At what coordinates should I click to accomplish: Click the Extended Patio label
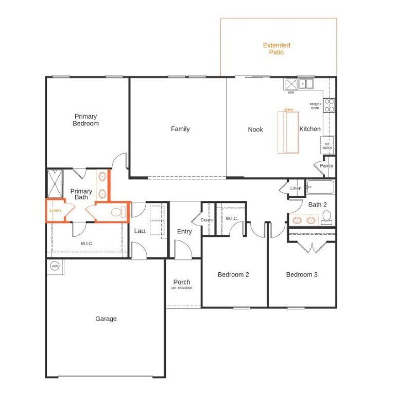pyautogui.click(x=277, y=49)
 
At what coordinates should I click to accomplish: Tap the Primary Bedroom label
pyautogui.click(x=85, y=120)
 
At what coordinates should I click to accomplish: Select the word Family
pyautogui.click(x=180, y=129)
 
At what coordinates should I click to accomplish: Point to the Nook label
pyautogui.click(x=255, y=129)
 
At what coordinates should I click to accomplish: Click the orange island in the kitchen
pyautogui.click(x=288, y=132)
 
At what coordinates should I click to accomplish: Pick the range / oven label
pyautogui.click(x=315, y=106)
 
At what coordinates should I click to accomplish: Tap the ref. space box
pyautogui.click(x=327, y=146)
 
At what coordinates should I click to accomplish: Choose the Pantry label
pyautogui.click(x=326, y=166)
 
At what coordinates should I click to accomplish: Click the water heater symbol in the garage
pyautogui.click(x=55, y=266)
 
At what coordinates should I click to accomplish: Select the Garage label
pyautogui.click(x=106, y=319)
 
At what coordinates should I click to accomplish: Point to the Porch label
pyautogui.click(x=182, y=282)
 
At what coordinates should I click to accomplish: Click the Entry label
pyautogui.click(x=184, y=232)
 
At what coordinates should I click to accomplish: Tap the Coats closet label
pyautogui.click(x=206, y=220)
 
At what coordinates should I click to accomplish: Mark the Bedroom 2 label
pyautogui.click(x=233, y=275)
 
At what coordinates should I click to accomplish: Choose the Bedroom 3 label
pyautogui.click(x=302, y=275)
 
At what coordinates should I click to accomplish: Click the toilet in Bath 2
pyautogui.click(x=326, y=216)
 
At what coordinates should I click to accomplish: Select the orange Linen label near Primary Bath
pyautogui.click(x=55, y=211)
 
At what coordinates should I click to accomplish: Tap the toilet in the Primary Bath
pyautogui.click(x=116, y=212)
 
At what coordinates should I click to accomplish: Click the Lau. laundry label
pyautogui.click(x=140, y=232)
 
